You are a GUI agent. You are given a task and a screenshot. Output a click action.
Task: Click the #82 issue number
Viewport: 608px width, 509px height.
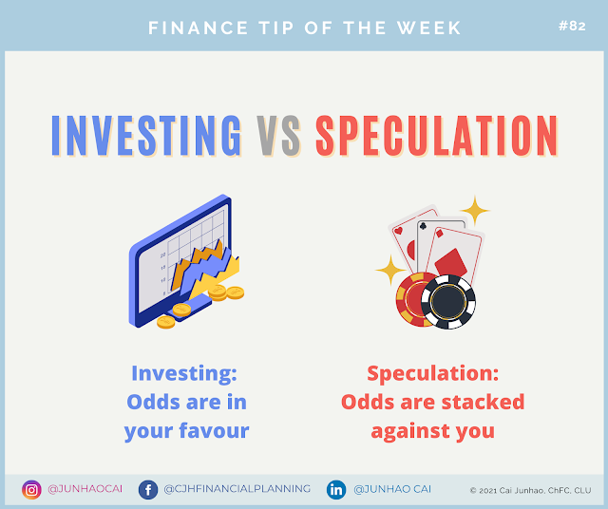(x=572, y=26)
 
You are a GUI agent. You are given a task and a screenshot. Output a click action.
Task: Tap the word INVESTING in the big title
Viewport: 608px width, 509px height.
(x=146, y=136)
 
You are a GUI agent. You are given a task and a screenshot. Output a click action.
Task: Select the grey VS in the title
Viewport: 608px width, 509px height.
(x=278, y=136)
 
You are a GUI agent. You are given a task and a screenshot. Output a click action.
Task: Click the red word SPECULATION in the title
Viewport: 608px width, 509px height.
(x=437, y=136)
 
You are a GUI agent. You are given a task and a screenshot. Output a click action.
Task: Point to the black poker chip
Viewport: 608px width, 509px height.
(x=448, y=302)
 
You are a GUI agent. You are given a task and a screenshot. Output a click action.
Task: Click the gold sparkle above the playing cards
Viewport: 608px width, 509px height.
(x=475, y=211)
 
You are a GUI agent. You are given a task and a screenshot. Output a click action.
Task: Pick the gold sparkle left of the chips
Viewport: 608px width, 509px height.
(x=390, y=270)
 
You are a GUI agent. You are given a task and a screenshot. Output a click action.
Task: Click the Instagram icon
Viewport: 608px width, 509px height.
(x=31, y=490)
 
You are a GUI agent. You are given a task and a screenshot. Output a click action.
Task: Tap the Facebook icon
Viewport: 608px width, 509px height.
(x=148, y=490)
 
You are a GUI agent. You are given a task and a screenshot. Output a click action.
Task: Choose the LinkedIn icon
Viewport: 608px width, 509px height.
(x=336, y=490)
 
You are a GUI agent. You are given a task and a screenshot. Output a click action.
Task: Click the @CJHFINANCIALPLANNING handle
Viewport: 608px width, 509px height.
(x=237, y=489)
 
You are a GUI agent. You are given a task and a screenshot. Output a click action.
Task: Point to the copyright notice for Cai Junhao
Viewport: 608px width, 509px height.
(x=530, y=490)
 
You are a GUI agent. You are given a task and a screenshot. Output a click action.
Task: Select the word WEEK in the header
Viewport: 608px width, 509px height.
(x=428, y=28)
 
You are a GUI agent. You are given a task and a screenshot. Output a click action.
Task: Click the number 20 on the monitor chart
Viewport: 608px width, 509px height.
(x=162, y=254)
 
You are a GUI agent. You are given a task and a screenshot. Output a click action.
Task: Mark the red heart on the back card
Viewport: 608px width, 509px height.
(x=398, y=231)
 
